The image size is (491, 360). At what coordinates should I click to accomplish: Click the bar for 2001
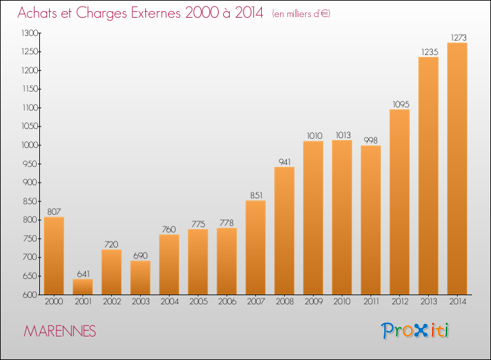pos(82,287)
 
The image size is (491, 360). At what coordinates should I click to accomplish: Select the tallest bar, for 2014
pos(457,169)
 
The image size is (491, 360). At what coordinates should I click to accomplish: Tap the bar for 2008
pos(284,230)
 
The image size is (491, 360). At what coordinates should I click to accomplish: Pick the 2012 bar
pos(399,202)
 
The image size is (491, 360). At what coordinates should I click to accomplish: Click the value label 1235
pos(429,52)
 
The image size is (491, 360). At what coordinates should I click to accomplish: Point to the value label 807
pos(54,212)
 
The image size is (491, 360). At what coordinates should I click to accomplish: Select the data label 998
pos(371,141)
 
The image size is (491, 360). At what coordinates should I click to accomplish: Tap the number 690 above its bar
pos(140,256)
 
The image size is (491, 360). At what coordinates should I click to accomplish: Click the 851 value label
pos(256,195)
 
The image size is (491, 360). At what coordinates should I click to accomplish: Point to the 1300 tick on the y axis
pos(29,33)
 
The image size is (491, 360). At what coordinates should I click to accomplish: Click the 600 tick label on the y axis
pos(30,295)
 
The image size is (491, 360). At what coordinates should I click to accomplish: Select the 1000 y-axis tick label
pos(29,145)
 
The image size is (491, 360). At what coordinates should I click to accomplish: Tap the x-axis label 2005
pos(198,302)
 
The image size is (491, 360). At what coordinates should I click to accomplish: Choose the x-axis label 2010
pos(342,302)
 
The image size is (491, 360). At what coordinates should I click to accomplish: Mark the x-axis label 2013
pos(429,302)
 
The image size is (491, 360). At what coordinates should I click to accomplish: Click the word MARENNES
pos(60,331)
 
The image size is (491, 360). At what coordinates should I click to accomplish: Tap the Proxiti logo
pos(415,331)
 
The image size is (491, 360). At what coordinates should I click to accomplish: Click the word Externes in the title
pos(156,13)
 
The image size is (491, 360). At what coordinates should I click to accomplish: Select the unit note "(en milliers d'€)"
pos(301,14)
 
